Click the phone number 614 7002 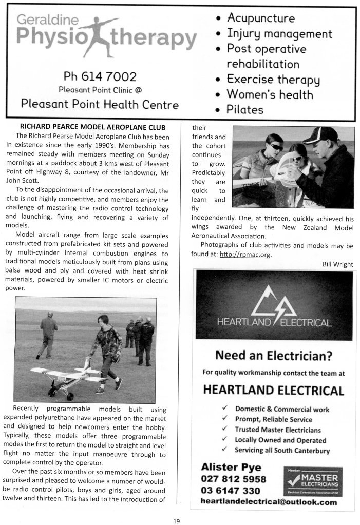(x=100, y=77)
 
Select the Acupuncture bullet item (x=260, y=18)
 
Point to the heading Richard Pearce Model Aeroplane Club (x=92, y=127)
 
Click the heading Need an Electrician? (x=273, y=356)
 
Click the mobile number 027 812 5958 (x=234, y=479)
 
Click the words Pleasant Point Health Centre (x=100, y=105)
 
